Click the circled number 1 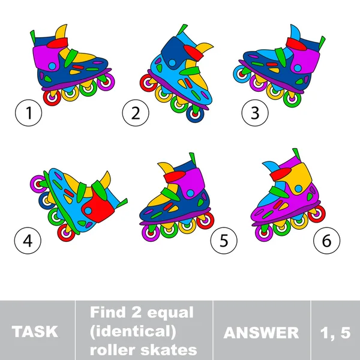[28, 113]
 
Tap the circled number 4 [28, 241]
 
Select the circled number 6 [327, 241]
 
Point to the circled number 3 [255, 113]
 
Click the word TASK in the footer [35, 332]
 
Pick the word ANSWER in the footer [261, 332]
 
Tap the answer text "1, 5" [335, 332]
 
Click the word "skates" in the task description [169, 350]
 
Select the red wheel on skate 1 [52, 98]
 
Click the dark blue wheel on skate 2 [195, 113]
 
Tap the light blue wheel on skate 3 [241, 74]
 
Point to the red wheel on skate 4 [66, 233]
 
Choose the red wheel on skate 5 [205, 221]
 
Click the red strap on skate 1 [58, 43]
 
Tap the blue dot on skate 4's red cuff [88, 211]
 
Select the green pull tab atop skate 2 [182, 30]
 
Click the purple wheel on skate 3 [258, 83]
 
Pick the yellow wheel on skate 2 [163, 94]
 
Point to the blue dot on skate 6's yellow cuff [298, 189]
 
